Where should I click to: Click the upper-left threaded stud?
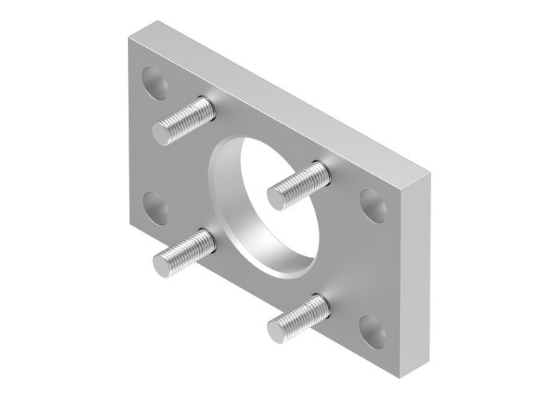184,119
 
